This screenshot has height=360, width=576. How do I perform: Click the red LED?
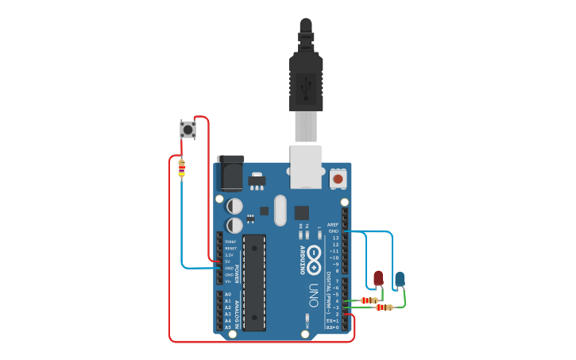(x=378, y=277)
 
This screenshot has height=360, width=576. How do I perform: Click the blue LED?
(x=400, y=278)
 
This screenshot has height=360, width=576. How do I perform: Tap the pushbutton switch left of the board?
(x=187, y=129)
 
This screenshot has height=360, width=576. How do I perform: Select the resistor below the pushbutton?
(x=181, y=168)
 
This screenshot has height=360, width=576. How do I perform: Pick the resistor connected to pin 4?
(x=369, y=300)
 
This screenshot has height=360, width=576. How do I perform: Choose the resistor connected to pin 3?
(x=385, y=307)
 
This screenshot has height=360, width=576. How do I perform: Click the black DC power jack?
(x=230, y=172)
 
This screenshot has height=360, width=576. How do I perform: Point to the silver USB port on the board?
(x=306, y=166)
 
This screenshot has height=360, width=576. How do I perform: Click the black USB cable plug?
(x=306, y=79)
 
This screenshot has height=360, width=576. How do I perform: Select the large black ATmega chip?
(x=254, y=282)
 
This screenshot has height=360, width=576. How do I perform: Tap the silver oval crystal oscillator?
(x=280, y=211)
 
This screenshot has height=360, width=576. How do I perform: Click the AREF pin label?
(x=334, y=225)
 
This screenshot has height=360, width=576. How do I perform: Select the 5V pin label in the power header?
(x=227, y=261)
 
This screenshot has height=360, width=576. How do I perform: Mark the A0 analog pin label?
(x=228, y=294)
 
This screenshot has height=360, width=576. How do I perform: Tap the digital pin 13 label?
(x=335, y=238)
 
